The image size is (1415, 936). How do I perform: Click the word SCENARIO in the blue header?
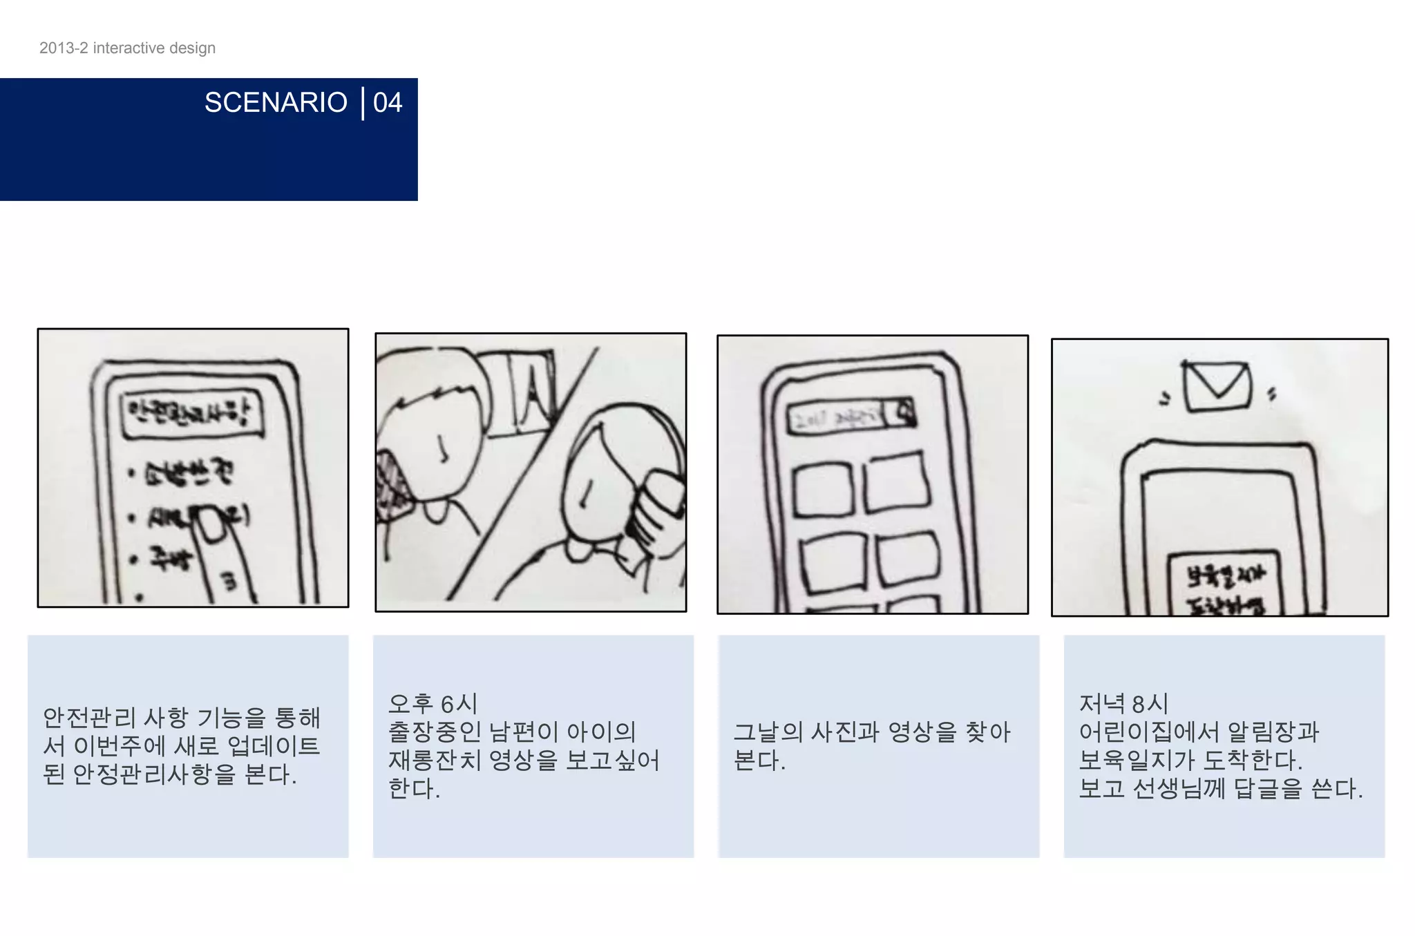pyautogui.click(x=275, y=102)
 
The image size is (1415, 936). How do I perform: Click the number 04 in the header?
pyautogui.click(x=387, y=102)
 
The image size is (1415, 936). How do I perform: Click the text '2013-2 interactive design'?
pyautogui.click(x=127, y=48)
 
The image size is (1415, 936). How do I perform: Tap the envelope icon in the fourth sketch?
pyautogui.click(x=1217, y=386)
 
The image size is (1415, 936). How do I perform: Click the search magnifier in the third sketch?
pyautogui.click(x=905, y=413)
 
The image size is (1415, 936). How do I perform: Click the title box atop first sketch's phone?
pyautogui.click(x=192, y=414)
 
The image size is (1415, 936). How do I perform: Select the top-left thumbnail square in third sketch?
pyautogui.click(x=822, y=490)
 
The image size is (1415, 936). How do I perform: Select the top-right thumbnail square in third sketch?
pyautogui.click(x=895, y=481)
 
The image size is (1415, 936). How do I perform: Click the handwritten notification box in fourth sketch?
pyautogui.click(x=1224, y=584)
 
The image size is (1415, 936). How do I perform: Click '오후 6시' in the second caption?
pyautogui.click(x=433, y=703)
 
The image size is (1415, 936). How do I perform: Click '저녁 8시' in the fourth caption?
pyautogui.click(x=1123, y=703)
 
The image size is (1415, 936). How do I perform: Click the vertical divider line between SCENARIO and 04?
pyautogui.click(x=363, y=103)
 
